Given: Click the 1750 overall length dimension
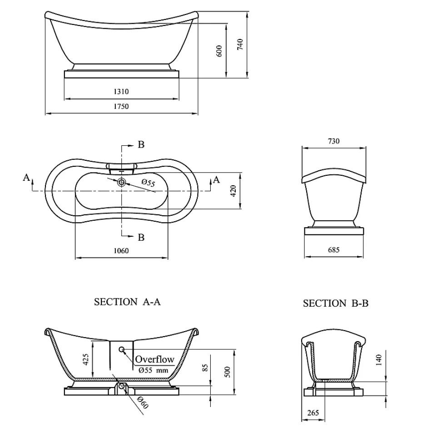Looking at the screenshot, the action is click(121, 106).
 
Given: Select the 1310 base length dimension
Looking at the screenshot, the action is click(121, 91).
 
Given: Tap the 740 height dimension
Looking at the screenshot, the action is click(240, 45).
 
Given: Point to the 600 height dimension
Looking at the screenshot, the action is click(219, 51).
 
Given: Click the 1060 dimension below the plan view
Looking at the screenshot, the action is click(121, 251).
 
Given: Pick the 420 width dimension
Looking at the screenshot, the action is click(233, 191).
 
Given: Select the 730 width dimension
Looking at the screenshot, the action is click(334, 141).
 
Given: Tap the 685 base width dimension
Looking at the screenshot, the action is click(334, 250).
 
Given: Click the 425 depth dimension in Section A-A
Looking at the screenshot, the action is click(85, 359).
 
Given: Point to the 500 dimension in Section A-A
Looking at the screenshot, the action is click(228, 372).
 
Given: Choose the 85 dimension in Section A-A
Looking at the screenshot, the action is click(205, 367).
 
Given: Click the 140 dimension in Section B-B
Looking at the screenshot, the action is click(379, 360).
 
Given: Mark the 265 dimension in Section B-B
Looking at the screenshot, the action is click(313, 413).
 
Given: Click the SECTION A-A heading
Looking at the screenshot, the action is click(128, 302).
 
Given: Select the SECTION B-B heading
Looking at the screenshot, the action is click(336, 303).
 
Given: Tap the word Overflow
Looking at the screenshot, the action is click(155, 359).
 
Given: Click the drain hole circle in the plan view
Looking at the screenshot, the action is click(121, 182).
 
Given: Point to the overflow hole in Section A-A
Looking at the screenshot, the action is click(121, 349).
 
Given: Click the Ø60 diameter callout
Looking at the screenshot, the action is click(143, 403).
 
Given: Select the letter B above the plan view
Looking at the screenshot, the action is click(141, 144).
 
